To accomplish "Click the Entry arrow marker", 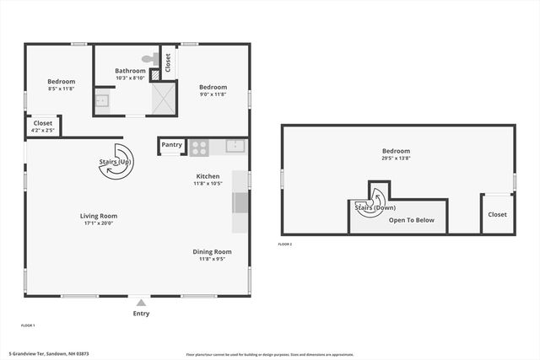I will [x=141, y=302].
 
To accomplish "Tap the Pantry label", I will [x=172, y=145].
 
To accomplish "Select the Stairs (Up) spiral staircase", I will [x=114, y=169].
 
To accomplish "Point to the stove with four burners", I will [x=199, y=148].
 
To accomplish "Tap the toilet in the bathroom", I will [x=150, y=59].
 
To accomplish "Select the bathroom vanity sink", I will [x=101, y=101].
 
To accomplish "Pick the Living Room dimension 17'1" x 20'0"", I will [x=99, y=224].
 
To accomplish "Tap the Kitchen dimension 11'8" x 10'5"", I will [x=208, y=184].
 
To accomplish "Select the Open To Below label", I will [x=412, y=220].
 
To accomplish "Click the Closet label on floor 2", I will [x=497, y=214].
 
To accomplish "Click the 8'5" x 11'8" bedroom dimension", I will [x=61, y=89].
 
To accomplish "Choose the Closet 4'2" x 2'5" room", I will [x=41, y=126].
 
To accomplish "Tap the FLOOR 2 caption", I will [x=285, y=244].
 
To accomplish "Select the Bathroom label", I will [x=131, y=71].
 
